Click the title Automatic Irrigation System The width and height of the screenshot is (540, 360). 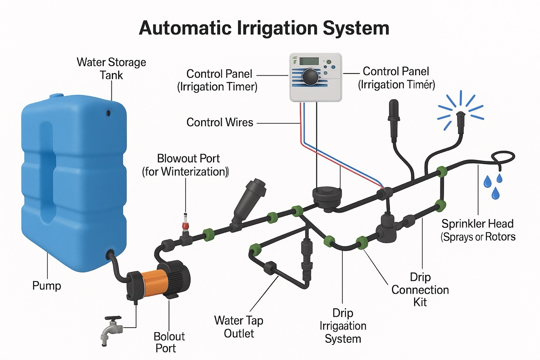coord(264,28)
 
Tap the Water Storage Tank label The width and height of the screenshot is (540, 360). coord(111,69)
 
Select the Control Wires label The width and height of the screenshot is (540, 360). coord(220,122)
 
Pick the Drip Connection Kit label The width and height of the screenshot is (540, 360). coord(420,290)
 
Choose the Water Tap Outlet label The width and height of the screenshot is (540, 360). coord(239,327)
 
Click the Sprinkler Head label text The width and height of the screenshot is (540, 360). coord(478,230)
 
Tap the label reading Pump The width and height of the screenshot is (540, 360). coord(47,286)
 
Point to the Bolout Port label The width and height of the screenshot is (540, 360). coord(169,342)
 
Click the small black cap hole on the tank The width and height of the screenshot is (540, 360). coord(108,113)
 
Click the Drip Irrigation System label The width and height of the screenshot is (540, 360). coord(343,326)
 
